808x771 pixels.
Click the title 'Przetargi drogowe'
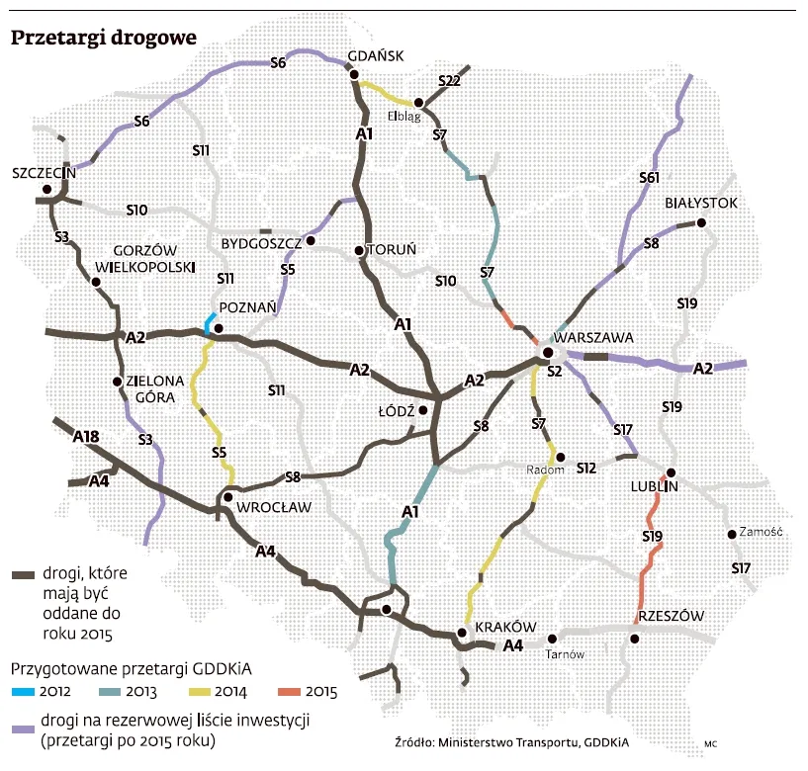tap(103, 38)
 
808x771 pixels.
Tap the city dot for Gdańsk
tap(351, 72)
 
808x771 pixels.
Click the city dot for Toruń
tap(358, 250)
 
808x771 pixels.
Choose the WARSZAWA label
tap(593, 337)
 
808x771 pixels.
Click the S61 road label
tap(649, 178)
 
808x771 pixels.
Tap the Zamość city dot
tap(732, 535)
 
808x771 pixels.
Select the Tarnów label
tap(568, 654)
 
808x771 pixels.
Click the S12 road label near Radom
tap(586, 467)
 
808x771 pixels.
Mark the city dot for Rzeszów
tap(635, 639)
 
